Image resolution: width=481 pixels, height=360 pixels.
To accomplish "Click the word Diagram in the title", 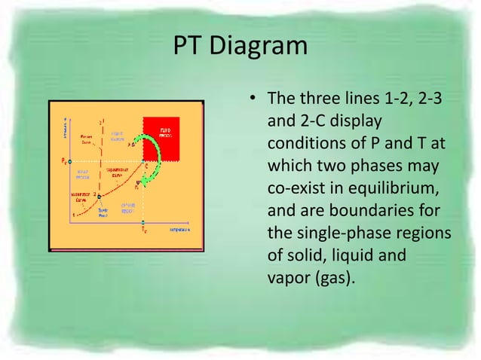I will point(261,46).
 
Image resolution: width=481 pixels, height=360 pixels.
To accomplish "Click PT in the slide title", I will point(188,46).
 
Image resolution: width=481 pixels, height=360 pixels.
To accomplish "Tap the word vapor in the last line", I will point(287,277).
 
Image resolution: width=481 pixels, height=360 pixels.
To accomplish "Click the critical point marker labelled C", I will point(145,163).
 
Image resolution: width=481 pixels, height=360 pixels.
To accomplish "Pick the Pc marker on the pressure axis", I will point(64,161).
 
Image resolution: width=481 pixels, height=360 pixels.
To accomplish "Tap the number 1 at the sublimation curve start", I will point(73,215).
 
